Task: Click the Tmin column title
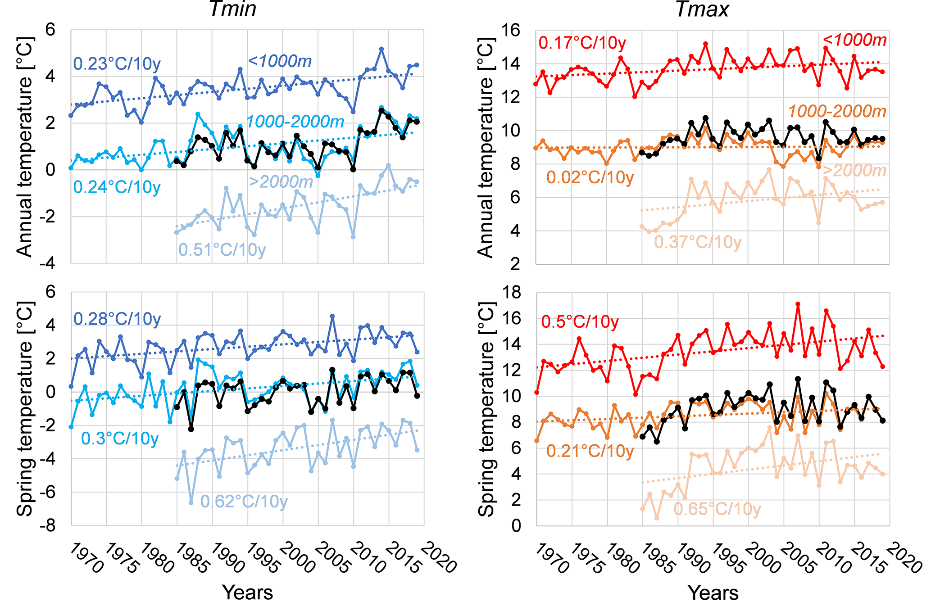[233, 9]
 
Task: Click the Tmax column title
[702, 9]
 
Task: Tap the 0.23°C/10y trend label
[117, 64]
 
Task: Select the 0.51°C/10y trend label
[222, 249]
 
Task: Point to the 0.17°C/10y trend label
[582, 43]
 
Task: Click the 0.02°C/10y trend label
[590, 177]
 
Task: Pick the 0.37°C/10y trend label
[697, 242]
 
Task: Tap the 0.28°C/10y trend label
[117, 319]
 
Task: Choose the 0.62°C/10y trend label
[244, 501]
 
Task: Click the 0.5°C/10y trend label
[580, 322]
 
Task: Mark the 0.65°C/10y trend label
[717, 509]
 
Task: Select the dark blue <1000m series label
[280, 61]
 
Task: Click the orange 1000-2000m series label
[837, 111]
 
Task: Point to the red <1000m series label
[854, 41]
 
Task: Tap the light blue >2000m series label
[281, 182]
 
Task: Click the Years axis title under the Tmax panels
[713, 592]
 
